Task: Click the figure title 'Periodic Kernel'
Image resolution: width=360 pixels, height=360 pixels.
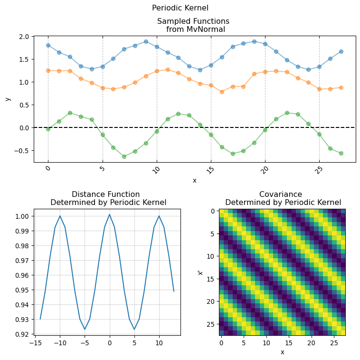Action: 180,8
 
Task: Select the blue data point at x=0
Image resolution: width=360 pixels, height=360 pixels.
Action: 48,45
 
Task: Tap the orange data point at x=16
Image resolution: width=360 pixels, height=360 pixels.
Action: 222,92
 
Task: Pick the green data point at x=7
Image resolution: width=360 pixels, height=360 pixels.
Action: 124,156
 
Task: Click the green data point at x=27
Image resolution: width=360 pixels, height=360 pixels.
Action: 341,153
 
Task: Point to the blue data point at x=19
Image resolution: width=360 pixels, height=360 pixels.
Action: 254,41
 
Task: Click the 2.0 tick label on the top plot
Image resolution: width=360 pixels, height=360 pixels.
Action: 24,37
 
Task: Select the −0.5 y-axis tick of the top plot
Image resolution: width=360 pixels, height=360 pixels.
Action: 22,151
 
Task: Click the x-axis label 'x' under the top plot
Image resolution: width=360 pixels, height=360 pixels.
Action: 194,181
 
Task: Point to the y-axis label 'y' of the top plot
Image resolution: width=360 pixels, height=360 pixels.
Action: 8,99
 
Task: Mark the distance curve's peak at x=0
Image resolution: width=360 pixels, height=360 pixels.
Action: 109,214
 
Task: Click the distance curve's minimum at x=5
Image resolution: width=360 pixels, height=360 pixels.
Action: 134,329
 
